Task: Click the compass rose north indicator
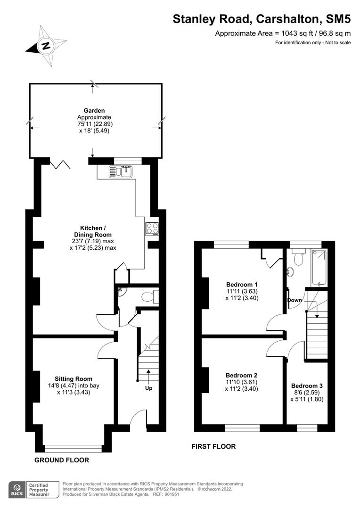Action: point(45,46)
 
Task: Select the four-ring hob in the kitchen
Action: point(152,228)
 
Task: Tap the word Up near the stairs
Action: point(148,388)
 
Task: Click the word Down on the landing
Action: point(295,300)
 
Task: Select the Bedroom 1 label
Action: point(242,284)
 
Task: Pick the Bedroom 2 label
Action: point(242,375)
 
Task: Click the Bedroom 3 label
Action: point(307,385)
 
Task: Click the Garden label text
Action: point(94,111)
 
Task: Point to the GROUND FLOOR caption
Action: point(61,460)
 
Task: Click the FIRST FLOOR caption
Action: point(213,446)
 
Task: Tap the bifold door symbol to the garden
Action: point(61,164)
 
